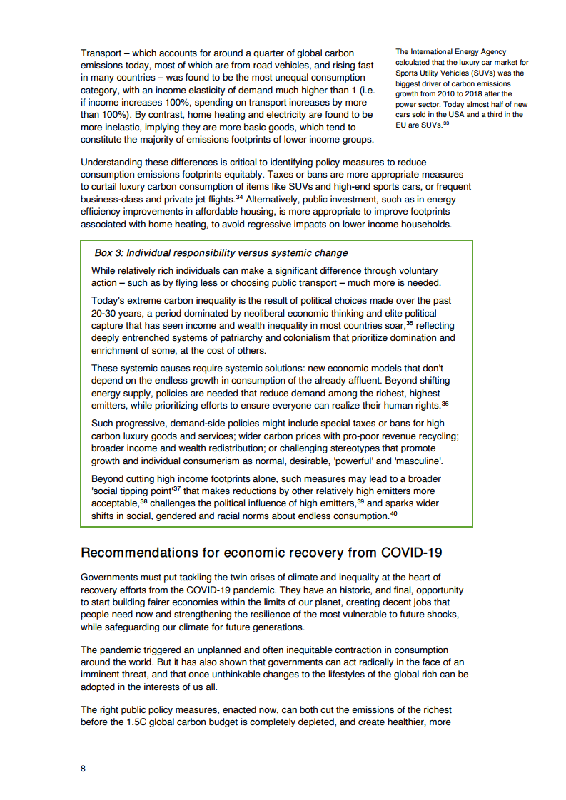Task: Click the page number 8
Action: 84,769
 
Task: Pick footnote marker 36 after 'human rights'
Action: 445,404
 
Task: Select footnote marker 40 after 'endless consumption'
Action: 393,514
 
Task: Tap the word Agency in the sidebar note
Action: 490,51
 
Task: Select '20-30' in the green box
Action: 104,313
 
